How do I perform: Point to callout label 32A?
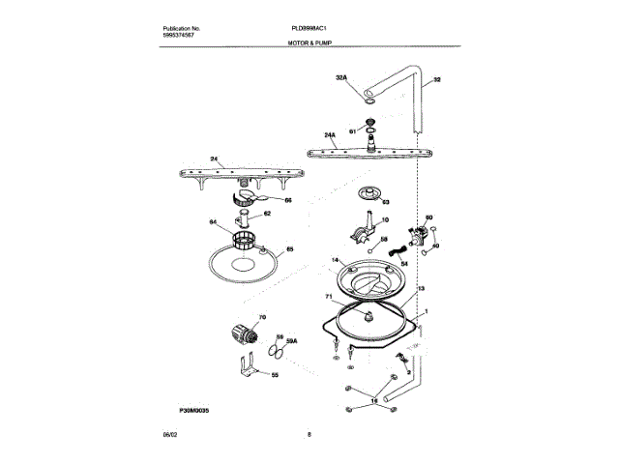pyautogui.click(x=340, y=76)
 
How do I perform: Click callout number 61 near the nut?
pyautogui.click(x=352, y=130)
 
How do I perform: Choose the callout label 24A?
pyautogui.click(x=330, y=134)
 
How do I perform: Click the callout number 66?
pyautogui.click(x=274, y=200)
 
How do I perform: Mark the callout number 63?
pyautogui.click(x=385, y=203)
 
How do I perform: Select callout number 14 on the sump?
pyautogui.click(x=336, y=260)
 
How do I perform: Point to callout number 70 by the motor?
pyautogui.click(x=261, y=318)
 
